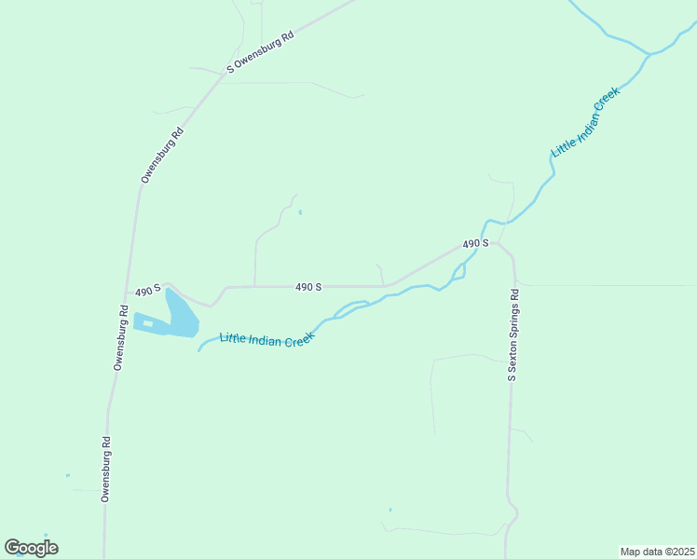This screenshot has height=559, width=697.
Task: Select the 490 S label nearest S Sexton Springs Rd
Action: coord(475,243)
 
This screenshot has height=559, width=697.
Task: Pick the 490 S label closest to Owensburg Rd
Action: coord(148,291)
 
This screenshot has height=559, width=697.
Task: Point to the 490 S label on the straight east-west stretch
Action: coord(308,287)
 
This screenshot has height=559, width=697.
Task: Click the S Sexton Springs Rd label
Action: coord(512,334)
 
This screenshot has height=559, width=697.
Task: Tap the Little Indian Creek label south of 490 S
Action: coord(266,339)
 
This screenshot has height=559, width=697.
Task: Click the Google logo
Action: coord(31,548)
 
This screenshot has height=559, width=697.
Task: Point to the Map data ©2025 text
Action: coord(657,552)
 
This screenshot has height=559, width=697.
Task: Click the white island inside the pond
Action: coord(147,323)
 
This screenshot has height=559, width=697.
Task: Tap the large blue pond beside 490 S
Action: coord(181,317)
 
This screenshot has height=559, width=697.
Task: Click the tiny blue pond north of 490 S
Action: coord(300,212)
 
